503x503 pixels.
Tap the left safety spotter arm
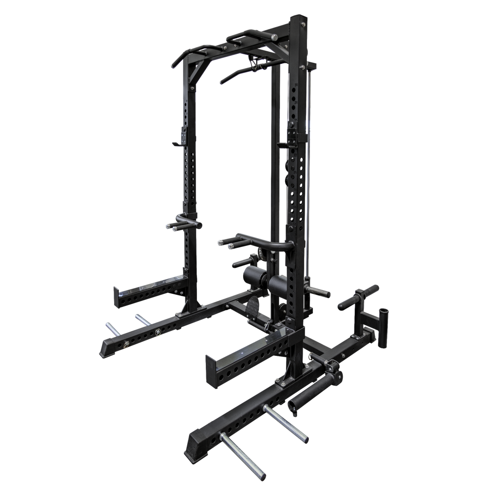click(x=149, y=289)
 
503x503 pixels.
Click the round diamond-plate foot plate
click(x=254, y=307)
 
